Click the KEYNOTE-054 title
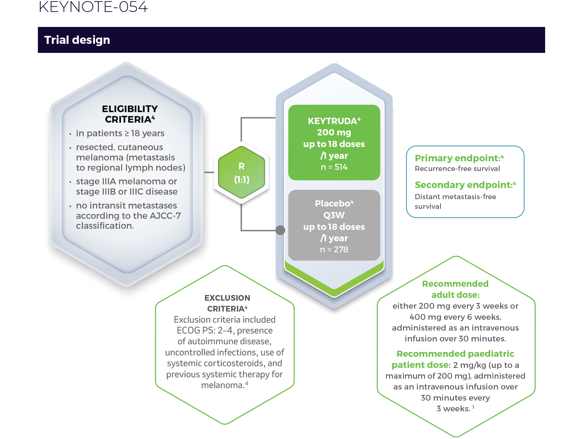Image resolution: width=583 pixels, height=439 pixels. [x=93, y=7]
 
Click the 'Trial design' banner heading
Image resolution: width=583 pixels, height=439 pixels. [x=77, y=40]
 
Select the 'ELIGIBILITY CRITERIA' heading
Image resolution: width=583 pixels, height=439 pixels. [x=130, y=114]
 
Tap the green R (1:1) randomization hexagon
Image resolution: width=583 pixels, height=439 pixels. [x=241, y=172]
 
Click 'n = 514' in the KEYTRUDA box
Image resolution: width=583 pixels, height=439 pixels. [x=334, y=167]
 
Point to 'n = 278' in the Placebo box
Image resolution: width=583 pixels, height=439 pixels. [x=334, y=250]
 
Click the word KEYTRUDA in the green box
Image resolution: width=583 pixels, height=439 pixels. [x=332, y=121]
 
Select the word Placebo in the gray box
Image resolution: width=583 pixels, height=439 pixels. [x=332, y=203]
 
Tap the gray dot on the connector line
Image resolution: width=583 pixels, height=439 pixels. [x=280, y=230]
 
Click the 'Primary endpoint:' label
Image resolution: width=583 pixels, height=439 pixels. [x=457, y=158]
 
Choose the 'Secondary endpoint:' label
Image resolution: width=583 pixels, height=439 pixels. [x=463, y=185]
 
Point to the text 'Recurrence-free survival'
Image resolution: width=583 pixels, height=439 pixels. [x=457, y=169]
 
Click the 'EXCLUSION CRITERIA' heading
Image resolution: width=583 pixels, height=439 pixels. [x=227, y=303]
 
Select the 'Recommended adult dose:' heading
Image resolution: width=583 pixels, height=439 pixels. [x=455, y=289]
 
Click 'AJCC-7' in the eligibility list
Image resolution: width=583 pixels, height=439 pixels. [x=165, y=216]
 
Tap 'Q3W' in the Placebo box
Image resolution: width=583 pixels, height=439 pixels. [x=334, y=215]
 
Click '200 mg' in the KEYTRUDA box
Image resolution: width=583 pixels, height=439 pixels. [x=334, y=133]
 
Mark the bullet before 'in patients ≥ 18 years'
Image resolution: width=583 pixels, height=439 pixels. [x=70, y=134]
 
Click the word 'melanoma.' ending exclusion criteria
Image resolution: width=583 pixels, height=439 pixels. [x=223, y=385]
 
